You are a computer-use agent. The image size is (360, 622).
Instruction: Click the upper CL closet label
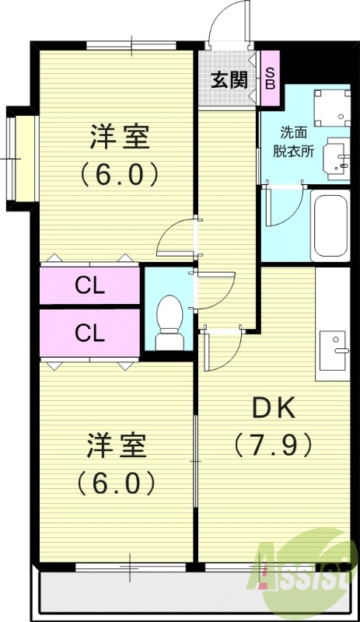tap(90, 286)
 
